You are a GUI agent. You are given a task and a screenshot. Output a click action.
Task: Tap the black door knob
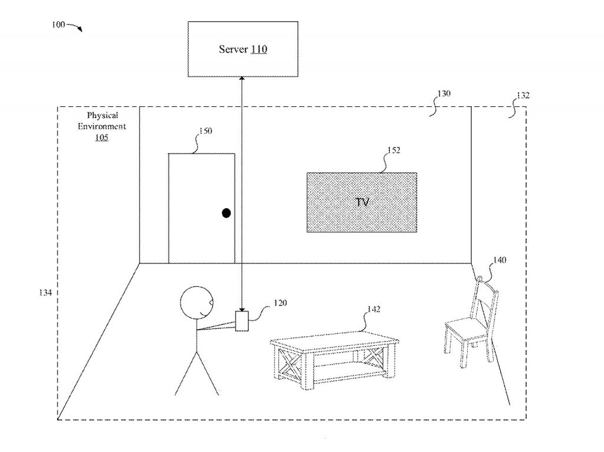pos(226,212)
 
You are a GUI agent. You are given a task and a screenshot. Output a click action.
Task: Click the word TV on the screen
pos(362,202)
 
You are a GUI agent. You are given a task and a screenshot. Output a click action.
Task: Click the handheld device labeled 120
pos(242,320)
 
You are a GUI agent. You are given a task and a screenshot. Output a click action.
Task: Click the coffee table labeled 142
pos(334,360)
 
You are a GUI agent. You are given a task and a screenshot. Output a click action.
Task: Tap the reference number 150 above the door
pos(206,131)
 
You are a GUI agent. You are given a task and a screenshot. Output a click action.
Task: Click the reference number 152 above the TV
pos(393,150)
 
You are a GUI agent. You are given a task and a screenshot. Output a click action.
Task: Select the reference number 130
pos(444,94)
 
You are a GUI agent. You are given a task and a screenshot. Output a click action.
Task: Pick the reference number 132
pos(523,95)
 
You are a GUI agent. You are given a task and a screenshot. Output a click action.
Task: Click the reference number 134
pos(45,293)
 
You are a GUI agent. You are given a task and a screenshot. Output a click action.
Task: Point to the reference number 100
pos(58,25)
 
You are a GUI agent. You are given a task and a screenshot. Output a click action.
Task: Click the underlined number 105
pos(101,137)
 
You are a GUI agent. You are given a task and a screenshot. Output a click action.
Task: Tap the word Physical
pos(103,115)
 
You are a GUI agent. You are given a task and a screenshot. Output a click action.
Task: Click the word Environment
pos(102,126)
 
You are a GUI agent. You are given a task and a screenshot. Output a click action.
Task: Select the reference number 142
pos(373,309)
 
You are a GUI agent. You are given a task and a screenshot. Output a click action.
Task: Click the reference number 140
pos(500,260)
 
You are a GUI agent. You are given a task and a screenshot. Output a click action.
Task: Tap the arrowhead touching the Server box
pos(242,78)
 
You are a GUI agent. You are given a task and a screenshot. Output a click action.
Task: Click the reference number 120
pos(280,303)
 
